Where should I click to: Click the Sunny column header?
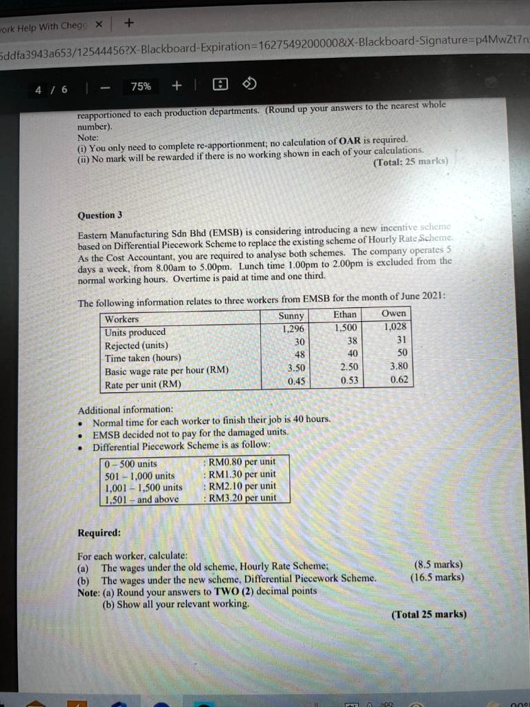tap(291, 316)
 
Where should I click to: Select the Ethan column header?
tap(345, 314)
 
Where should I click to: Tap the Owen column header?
tap(393, 313)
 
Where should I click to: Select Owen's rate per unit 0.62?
tap(399, 379)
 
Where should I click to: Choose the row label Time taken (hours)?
tap(143, 358)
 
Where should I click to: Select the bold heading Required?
tap(99, 533)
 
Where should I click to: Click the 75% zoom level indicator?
tap(141, 86)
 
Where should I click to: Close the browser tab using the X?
tap(99, 24)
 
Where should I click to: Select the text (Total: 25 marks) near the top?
tap(410, 162)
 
